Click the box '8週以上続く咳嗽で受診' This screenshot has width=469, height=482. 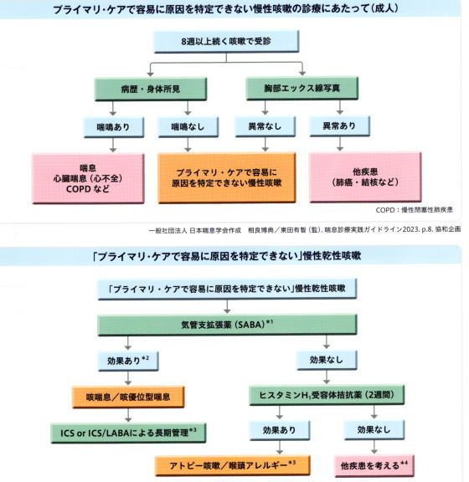pos(226,42)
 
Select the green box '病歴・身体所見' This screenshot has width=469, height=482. pos(151,90)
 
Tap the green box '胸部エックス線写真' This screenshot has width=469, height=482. pos(302,89)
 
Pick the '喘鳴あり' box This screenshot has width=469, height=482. pos(114,127)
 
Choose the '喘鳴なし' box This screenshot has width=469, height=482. pos(188,126)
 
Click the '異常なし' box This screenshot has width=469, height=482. pos(265,126)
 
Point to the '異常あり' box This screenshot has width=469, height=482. pos(339,126)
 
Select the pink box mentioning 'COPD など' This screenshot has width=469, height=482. pos(88,178)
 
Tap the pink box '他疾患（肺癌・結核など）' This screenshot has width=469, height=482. pos(365,177)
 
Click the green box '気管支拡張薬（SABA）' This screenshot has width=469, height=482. pos(227,325)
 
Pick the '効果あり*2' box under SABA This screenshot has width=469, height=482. pos(128,361)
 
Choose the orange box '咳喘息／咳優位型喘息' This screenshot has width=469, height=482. pos(128,397)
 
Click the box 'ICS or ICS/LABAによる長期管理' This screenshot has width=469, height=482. pos(128,433)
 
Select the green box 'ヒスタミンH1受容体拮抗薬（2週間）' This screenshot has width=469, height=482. pos(327,395)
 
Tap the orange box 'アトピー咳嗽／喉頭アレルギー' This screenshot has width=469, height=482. pos(232,465)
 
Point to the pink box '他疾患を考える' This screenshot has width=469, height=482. pos(374,466)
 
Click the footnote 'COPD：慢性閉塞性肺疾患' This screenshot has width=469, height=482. pos(415,210)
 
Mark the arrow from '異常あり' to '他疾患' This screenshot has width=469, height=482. pos(340,144)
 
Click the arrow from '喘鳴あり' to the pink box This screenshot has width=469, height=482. pos(113,145)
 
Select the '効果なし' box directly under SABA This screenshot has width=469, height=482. pos(327,360)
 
